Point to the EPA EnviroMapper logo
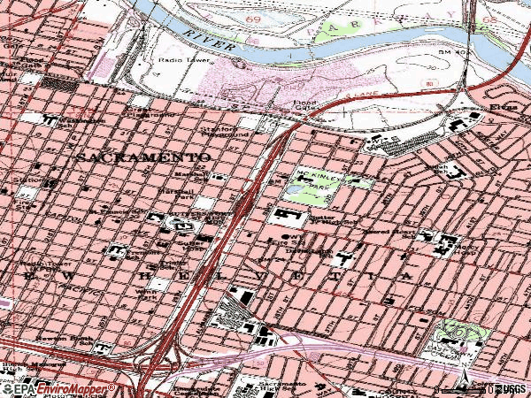click(x=58, y=388)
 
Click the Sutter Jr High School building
click(x=289, y=216)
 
